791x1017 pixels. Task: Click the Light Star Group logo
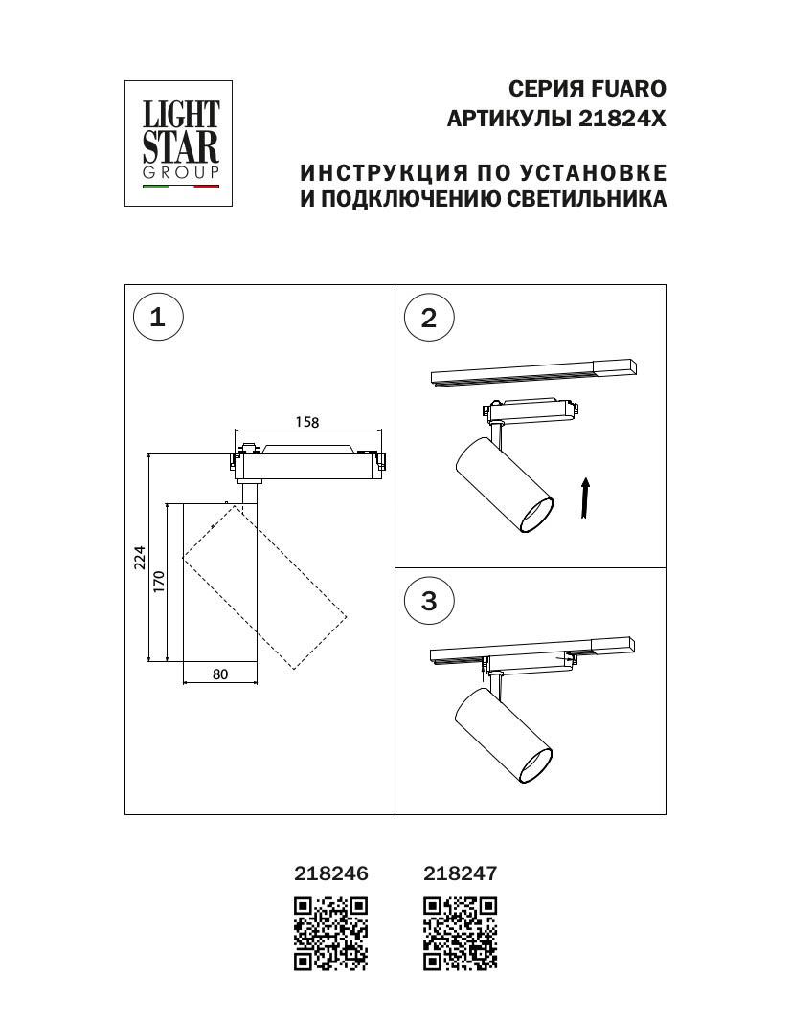[x=180, y=144]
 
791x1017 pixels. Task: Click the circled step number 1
[x=157, y=318]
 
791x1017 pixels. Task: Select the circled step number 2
[x=428, y=318]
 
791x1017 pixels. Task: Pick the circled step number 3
[x=428, y=601]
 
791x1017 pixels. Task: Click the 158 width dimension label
[x=306, y=422]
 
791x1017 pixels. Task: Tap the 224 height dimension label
[x=138, y=557]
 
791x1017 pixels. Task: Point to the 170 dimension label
[x=159, y=581]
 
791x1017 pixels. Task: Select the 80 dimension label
[x=220, y=674]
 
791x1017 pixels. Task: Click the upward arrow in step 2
[x=585, y=499]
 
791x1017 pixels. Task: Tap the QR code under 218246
[x=330, y=933]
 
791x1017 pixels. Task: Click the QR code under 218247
[x=461, y=933]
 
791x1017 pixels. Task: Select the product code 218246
[x=330, y=873]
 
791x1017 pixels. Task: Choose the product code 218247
[x=461, y=873]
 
